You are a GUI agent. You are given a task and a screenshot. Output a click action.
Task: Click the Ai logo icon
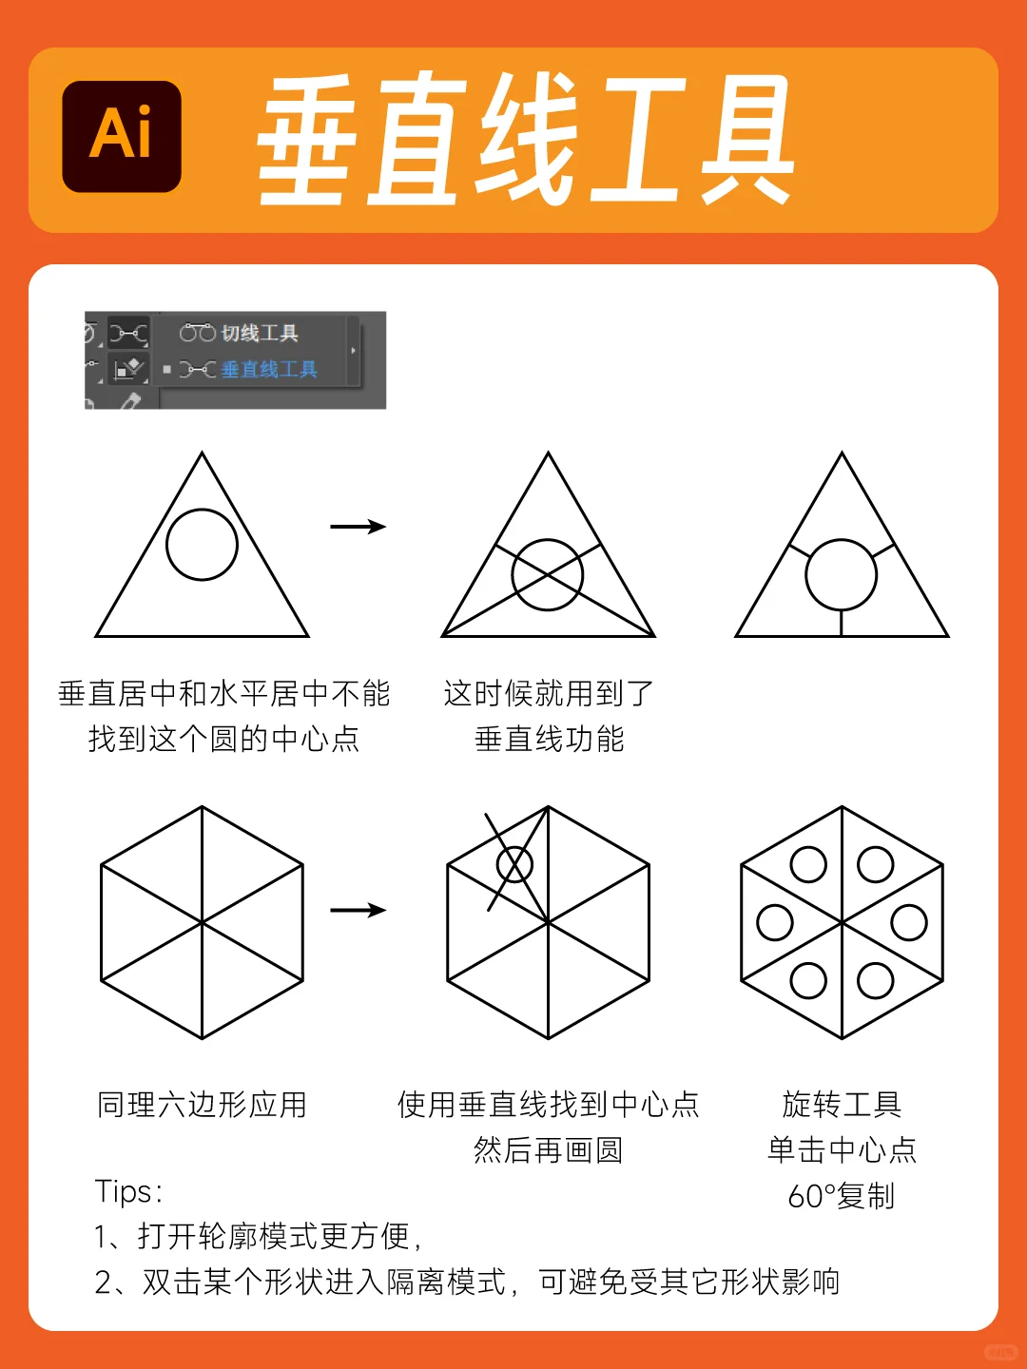pos(122,137)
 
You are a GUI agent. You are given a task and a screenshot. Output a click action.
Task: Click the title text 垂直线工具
pos(526,140)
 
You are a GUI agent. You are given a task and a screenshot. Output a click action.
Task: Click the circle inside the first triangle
pos(202,545)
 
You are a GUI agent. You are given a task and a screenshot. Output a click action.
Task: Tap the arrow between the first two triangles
pos(358,527)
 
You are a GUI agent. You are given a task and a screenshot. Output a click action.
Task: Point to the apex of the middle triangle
pos(549,455)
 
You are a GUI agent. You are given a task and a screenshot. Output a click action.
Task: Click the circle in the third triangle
pos(842,575)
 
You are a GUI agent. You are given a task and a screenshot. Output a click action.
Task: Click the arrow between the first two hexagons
pos(358,911)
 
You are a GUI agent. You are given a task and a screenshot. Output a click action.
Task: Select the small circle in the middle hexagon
pos(514,865)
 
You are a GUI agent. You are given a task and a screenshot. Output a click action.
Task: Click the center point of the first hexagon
pos(203,922)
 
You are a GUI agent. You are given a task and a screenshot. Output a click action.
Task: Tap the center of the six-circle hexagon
pos(843,922)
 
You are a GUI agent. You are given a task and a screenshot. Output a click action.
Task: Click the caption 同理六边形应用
pos(202,1105)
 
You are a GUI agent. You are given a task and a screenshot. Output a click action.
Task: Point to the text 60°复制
pos(842,1196)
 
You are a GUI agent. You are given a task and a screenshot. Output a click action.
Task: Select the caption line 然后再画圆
pos(549,1150)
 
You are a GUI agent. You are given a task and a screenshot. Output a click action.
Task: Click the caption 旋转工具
pos(842,1105)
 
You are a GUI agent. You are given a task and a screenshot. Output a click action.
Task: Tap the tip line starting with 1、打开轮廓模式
pos(259,1236)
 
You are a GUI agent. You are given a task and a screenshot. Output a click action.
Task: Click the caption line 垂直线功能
pos(549,739)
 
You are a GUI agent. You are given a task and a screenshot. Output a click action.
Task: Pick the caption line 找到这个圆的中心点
pos(224,739)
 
